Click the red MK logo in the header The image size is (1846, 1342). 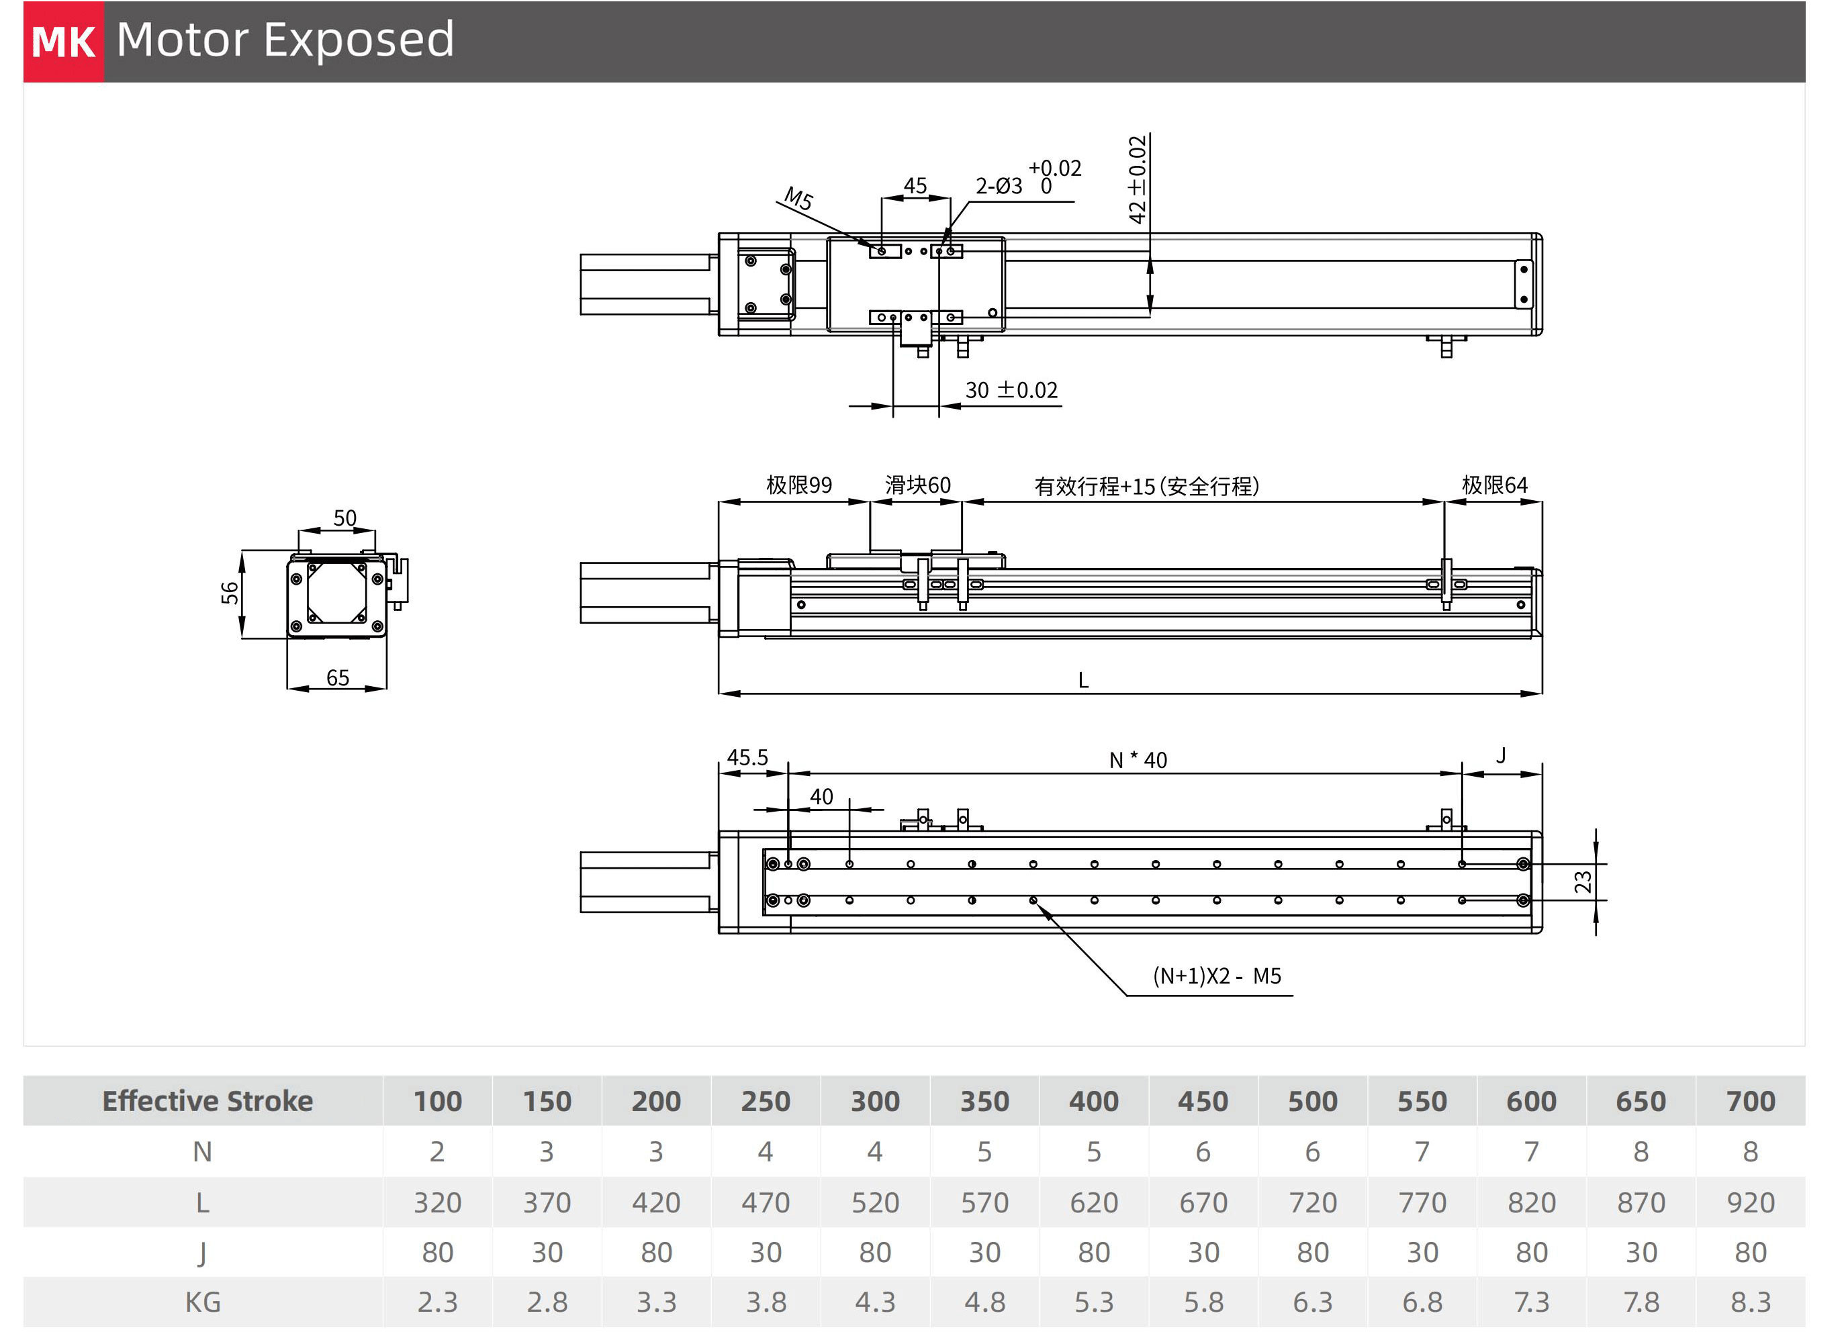coord(64,42)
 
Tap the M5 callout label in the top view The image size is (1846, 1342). coord(798,198)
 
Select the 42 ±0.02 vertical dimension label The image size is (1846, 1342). coord(1137,180)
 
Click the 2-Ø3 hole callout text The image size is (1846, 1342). coord(999,187)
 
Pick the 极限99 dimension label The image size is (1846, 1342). coord(798,486)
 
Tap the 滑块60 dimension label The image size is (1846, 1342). coord(917,486)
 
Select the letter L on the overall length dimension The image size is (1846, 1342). coord(1083,680)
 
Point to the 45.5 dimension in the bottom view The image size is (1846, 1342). coord(747,758)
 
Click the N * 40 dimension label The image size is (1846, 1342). coord(1138,760)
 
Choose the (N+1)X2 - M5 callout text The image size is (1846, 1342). coord(1217,975)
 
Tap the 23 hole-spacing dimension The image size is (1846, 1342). coord(1582,882)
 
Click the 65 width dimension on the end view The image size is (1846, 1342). coord(338,678)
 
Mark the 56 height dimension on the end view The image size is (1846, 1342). coord(230,593)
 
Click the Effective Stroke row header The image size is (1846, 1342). coord(207,1101)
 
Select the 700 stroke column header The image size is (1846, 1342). coord(1750,1101)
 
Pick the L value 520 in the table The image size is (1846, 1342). coord(875,1202)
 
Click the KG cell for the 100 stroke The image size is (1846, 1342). coord(437,1302)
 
